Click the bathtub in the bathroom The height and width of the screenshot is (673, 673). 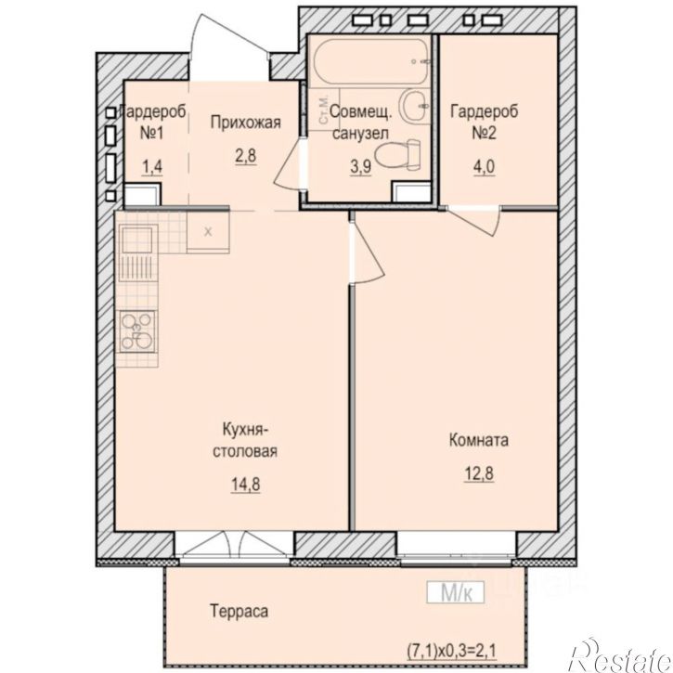(x=371, y=63)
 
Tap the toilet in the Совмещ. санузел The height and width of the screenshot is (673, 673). (x=398, y=154)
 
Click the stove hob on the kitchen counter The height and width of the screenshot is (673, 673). (x=137, y=331)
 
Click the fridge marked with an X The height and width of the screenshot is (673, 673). (x=209, y=232)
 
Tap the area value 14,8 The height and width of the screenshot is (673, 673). (x=245, y=485)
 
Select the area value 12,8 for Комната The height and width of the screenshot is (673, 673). (x=479, y=473)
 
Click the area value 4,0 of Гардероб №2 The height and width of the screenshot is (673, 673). (x=485, y=166)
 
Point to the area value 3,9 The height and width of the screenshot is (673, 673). (x=360, y=166)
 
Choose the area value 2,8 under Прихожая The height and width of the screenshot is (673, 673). (x=245, y=155)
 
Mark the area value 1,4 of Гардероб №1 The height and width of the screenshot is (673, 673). (x=152, y=166)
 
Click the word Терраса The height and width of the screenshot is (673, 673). (x=239, y=611)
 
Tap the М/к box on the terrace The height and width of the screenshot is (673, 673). (x=456, y=593)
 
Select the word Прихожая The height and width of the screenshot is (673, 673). (x=245, y=123)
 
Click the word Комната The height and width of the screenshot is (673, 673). (x=479, y=440)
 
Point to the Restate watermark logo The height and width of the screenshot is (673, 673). (x=620, y=655)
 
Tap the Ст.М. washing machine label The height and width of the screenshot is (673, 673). (x=324, y=110)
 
